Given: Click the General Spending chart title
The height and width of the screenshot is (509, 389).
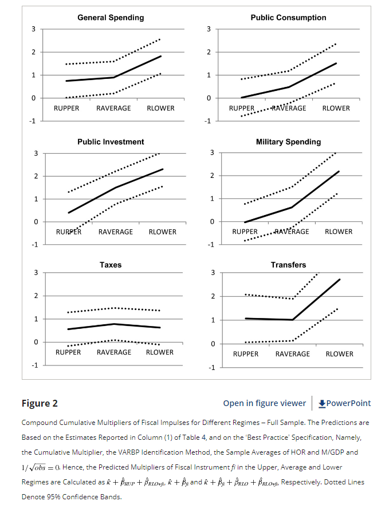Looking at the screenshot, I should pyautogui.click(x=111, y=18).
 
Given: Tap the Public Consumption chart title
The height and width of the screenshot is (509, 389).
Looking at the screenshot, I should pyautogui.click(x=288, y=18).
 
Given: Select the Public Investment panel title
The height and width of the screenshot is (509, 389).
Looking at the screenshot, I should pyautogui.click(x=111, y=142).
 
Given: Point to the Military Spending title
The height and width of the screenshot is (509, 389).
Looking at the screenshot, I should pyautogui.click(x=288, y=142).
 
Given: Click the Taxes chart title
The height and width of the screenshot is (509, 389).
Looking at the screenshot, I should pyautogui.click(x=111, y=265).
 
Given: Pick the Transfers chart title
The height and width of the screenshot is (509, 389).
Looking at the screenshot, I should pyautogui.click(x=288, y=265).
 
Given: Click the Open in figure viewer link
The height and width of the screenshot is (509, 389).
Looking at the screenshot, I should pyautogui.click(x=264, y=403).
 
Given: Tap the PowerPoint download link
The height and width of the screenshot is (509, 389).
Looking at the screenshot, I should pyautogui.click(x=344, y=403).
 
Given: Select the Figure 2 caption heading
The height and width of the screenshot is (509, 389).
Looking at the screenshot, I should pyautogui.click(x=40, y=403).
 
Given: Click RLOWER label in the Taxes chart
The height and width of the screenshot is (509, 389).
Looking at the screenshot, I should pyautogui.click(x=159, y=352).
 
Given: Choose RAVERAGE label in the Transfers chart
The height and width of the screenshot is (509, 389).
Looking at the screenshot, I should pyautogui.click(x=292, y=354).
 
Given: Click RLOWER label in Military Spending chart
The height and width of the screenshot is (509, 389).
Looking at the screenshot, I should pyautogui.click(x=339, y=232).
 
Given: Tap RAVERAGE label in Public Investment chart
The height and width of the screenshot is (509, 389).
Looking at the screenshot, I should pyautogui.click(x=116, y=232).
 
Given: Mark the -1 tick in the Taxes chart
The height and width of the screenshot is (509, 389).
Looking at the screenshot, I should pyautogui.click(x=35, y=365).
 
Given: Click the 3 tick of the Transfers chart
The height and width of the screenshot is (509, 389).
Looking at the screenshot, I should pyautogui.click(x=213, y=273).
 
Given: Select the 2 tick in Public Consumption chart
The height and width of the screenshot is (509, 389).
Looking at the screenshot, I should pyautogui.click(x=209, y=52).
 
